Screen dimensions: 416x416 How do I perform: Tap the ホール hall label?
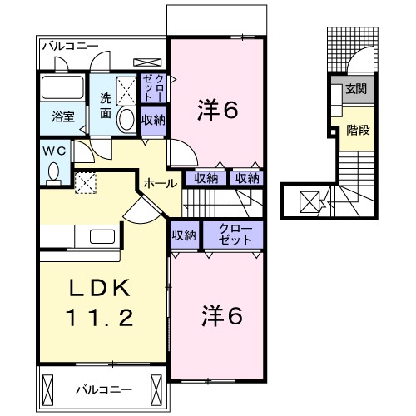pyautogui.click(x=160, y=182)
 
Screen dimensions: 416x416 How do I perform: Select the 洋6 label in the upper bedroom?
pyautogui.click(x=218, y=108)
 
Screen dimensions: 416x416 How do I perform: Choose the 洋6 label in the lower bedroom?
pyautogui.click(x=223, y=315)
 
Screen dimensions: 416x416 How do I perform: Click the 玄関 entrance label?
pyautogui.click(x=358, y=89)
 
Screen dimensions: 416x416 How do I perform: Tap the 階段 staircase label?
pyautogui.click(x=359, y=129)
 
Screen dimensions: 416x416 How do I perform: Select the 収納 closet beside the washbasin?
pyautogui.click(x=152, y=120)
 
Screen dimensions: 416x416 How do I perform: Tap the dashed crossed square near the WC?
pyautogui.click(x=84, y=182)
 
